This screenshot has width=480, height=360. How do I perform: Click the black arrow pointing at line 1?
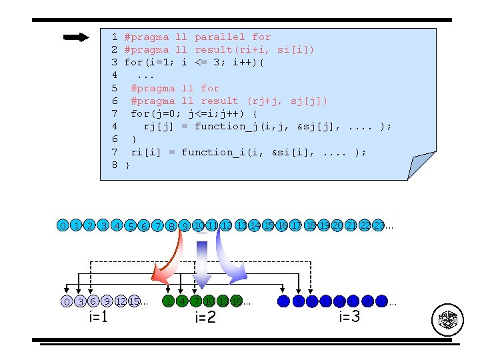[76, 37]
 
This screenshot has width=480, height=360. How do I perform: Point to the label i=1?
[99, 317]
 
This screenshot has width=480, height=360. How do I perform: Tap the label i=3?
[349, 316]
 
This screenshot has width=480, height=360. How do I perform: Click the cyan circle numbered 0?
[62, 226]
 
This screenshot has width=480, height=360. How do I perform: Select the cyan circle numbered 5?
[131, 227]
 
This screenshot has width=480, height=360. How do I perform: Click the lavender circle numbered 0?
[67, 301]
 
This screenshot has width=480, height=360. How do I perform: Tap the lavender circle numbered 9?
[107, 301]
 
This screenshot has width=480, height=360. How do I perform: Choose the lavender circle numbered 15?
[134, 301]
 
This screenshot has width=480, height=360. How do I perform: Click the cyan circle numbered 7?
[157, 227]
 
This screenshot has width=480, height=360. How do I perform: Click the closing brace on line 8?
[127, 165]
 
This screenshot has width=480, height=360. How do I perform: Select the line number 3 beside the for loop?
[115, 63]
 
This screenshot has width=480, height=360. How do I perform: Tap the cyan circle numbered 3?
[103, 226]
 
